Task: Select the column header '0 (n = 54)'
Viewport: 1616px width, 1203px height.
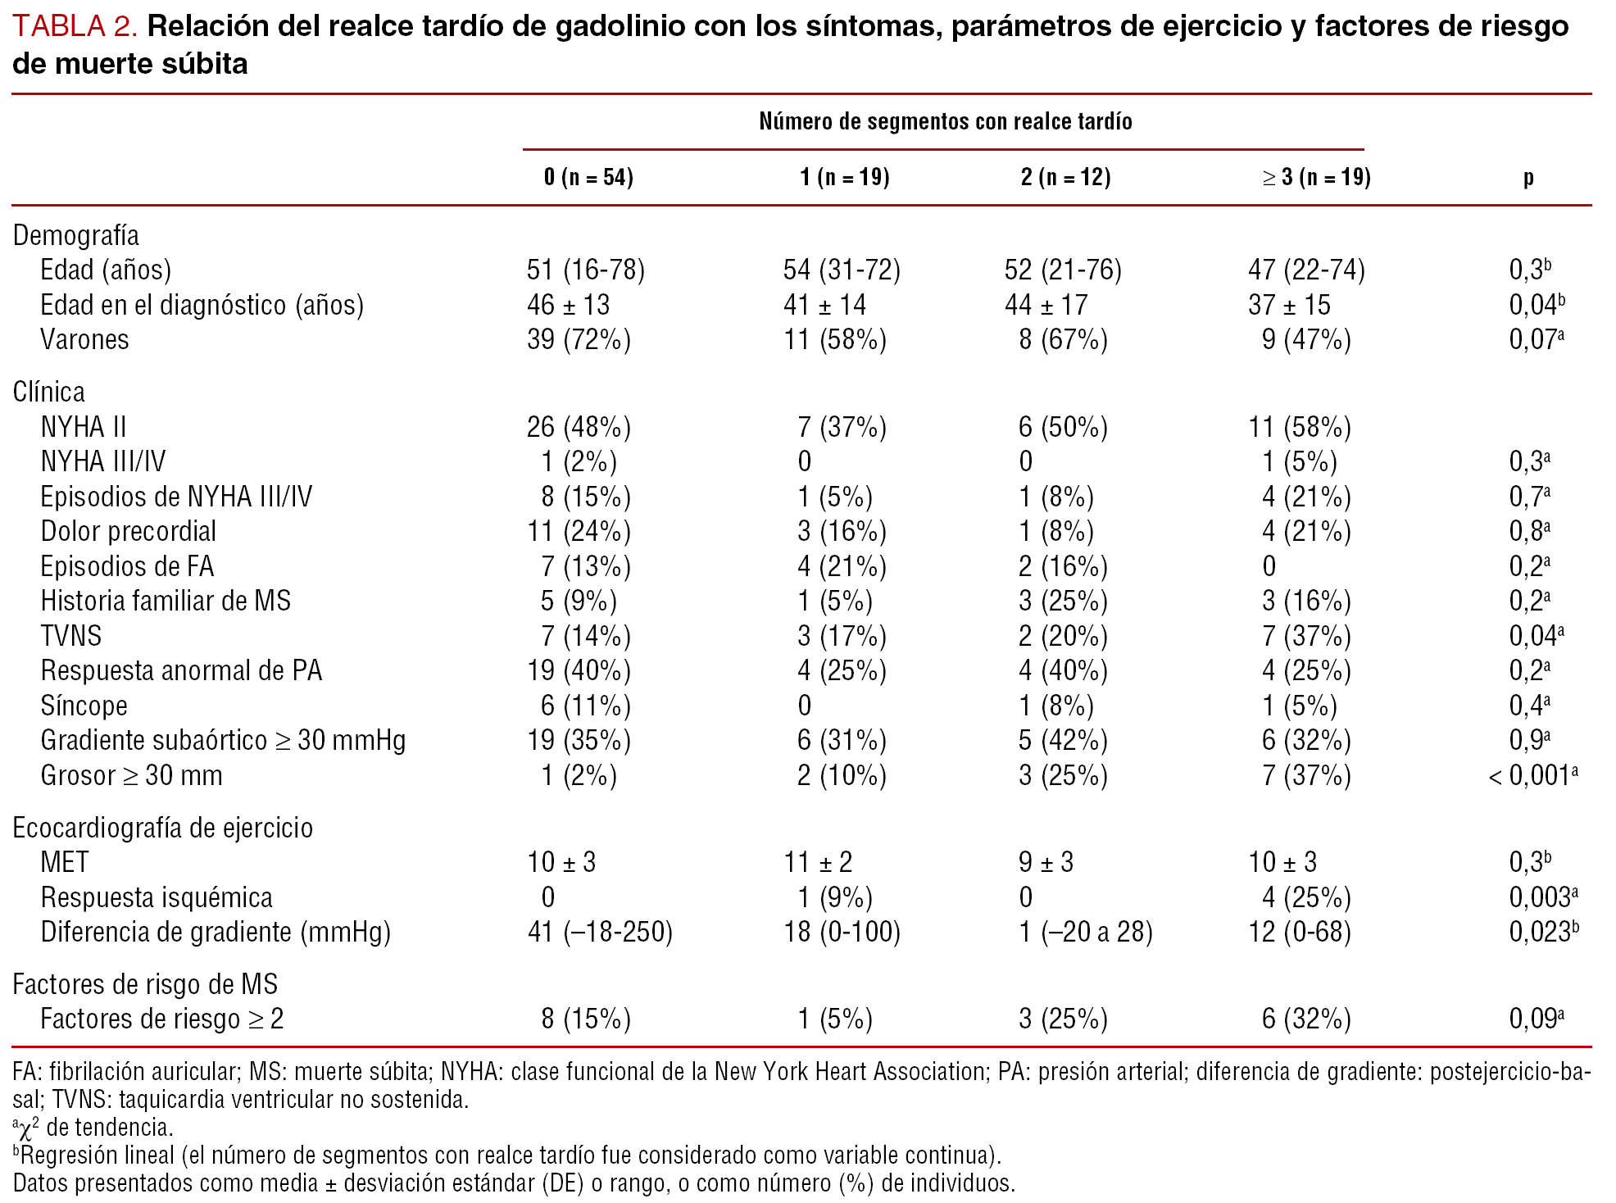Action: coord(588,177)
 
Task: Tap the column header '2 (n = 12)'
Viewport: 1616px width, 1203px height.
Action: coord(1065,177)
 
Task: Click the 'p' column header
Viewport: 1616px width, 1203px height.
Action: coord(1528,177)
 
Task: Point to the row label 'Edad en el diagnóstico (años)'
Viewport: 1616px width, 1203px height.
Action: coord(202,305)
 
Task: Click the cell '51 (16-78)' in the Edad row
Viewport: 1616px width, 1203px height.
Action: coord(585,270)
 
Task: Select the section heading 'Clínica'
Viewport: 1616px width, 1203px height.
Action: coord(48,392)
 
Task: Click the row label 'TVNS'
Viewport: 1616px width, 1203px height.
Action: coord(71,636)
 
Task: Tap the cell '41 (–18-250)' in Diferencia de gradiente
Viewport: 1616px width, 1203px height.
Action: coord(599,932)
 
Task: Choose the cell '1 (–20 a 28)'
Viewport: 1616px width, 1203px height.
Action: coord(1085,932)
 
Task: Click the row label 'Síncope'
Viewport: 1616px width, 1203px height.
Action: coord(84,706)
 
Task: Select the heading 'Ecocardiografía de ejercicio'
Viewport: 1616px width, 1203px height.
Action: coord(162,828)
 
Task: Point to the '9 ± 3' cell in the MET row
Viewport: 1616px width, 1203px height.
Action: coord(1045,862)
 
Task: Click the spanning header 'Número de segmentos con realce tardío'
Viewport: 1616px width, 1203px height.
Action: coord(945,121)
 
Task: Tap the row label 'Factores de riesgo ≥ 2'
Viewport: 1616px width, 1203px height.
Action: coord(161,1019)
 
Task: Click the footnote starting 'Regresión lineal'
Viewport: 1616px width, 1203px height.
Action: coord(508,1155)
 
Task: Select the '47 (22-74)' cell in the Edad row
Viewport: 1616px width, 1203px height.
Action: coord(1306,270)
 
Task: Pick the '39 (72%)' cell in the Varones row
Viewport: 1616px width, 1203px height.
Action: coord(579,339)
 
